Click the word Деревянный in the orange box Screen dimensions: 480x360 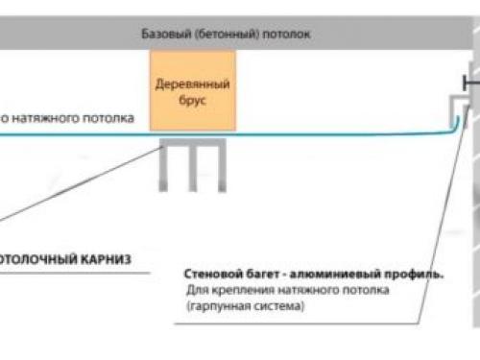(191, 84)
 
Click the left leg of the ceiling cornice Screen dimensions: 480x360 (167, 165)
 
